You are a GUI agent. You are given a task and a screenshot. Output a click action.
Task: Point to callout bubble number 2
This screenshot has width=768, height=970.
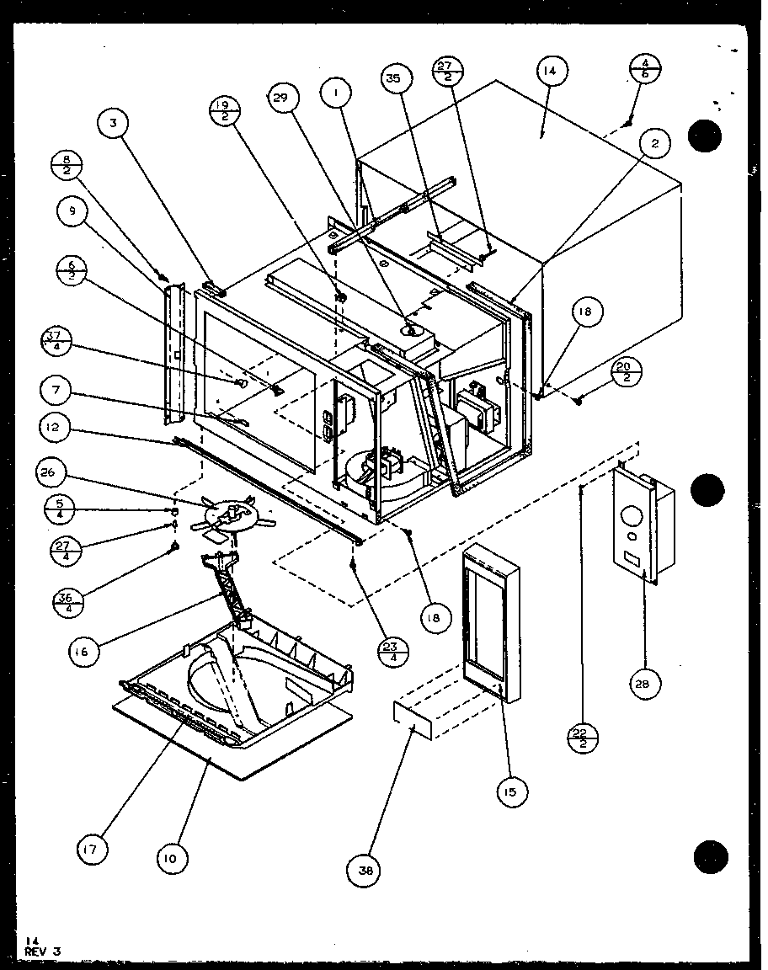[654, 143]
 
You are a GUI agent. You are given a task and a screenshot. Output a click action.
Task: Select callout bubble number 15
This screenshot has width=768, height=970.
[512, 791]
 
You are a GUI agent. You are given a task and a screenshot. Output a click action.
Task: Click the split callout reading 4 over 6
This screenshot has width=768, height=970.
[645, 67]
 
